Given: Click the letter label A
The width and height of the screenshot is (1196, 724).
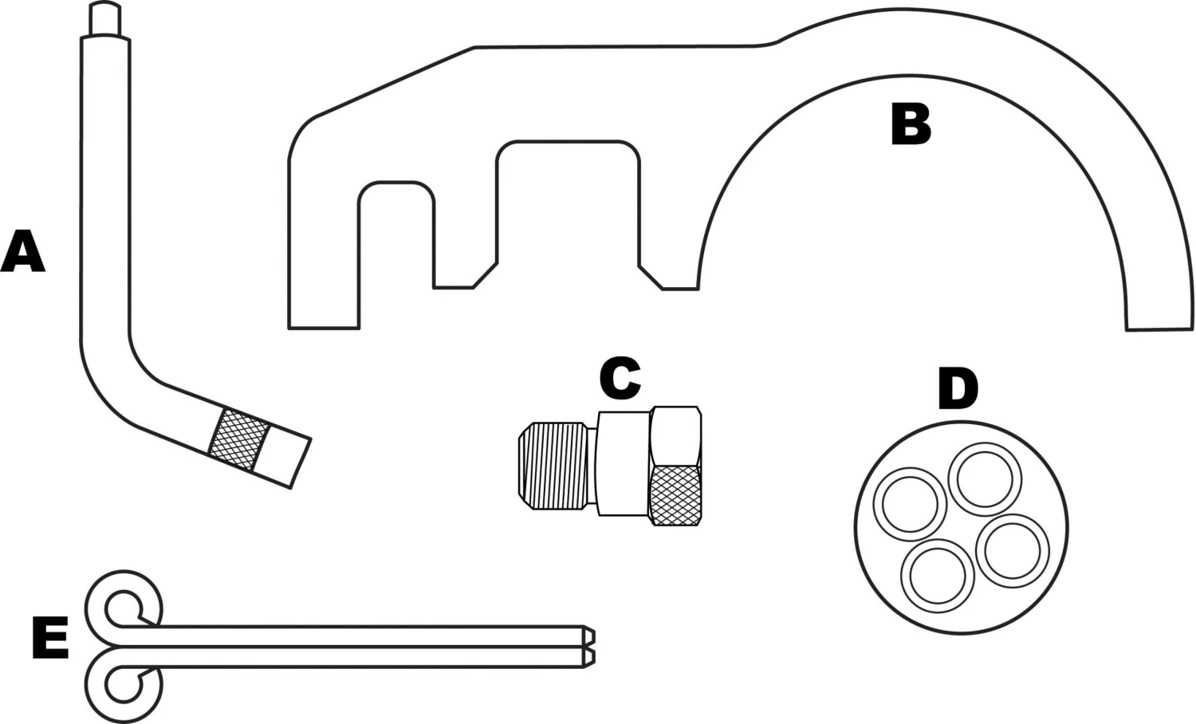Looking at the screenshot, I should [22, 251].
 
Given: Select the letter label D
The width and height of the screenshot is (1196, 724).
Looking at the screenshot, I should [957, 389].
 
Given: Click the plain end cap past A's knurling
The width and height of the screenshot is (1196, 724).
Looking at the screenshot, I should [285, 456].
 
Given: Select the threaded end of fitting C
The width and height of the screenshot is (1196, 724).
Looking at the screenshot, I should [553, 467].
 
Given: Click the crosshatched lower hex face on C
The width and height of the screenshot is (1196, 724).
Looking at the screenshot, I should [677, 494].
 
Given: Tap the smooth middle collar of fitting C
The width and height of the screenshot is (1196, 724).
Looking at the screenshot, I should [623, 462].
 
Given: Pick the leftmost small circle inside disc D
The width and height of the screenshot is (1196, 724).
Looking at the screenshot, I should [910, 504].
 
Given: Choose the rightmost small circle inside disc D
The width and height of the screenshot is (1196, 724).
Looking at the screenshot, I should [1013, 550].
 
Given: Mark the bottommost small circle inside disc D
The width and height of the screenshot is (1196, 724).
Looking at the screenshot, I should [938, 576].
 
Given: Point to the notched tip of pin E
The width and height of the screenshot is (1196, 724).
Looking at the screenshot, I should [588, 645].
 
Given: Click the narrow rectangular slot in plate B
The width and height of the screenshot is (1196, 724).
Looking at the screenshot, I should [396, 235].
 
